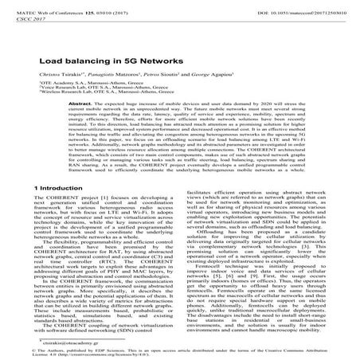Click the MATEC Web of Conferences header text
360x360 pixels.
point(53,6)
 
